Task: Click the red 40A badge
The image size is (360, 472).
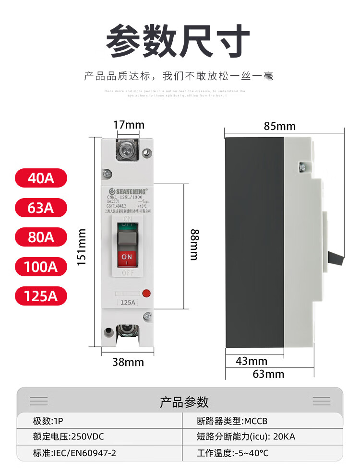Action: (x=41, y=178)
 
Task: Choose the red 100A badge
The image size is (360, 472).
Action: (x=41, y=266)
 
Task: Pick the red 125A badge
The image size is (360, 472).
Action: (x=41, y=295)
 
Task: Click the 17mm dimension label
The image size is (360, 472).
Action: (x=128, y=125)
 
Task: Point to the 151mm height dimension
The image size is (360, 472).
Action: (x=83, y=248)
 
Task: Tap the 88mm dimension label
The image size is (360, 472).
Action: (x=193, y=245)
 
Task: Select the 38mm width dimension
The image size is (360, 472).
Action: (x=128, y=362)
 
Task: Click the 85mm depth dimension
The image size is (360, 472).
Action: (x=279, y=126)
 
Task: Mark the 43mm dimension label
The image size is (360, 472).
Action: (x=251, y=361)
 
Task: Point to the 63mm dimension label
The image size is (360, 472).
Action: (x=268, y=374)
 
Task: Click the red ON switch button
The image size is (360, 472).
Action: (x=127, y=258)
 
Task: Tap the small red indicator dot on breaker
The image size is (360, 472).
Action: (x=147, y=292)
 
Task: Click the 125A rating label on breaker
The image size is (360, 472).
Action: (x=127, y=302)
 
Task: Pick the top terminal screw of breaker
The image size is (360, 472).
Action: (x=127, y=150)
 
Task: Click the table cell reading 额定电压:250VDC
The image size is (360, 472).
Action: (x=68, y=437)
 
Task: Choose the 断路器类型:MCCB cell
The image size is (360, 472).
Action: (x=232, y=421)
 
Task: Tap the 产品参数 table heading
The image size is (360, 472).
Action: (x=184, y=401)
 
